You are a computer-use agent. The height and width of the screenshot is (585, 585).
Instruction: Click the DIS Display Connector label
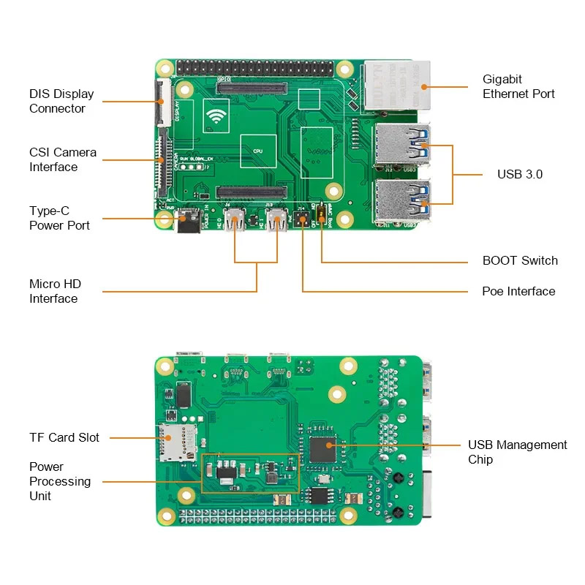pos(61,101)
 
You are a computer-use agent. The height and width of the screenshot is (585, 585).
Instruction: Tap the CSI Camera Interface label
pos(63,159)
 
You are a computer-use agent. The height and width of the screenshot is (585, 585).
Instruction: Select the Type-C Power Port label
pos(59,218)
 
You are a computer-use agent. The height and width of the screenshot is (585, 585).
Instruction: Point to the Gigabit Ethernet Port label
pos(518,86)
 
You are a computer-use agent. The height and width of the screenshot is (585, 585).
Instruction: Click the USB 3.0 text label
pos(520,174)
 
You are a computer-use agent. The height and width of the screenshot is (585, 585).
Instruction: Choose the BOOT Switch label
pos(520,260)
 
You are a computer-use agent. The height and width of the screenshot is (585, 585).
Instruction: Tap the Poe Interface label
pos(518,291)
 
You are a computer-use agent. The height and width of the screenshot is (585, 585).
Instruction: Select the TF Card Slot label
pos(64,437)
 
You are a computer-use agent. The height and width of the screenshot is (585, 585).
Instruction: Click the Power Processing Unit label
pos(60,481)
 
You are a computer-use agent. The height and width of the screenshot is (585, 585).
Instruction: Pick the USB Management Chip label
pos(517,452)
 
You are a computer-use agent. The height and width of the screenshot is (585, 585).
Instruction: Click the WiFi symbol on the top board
pos(216,117)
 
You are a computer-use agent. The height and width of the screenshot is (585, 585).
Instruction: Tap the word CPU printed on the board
pos(257,151)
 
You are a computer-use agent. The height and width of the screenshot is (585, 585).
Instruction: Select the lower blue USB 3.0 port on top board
pos(401,202)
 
